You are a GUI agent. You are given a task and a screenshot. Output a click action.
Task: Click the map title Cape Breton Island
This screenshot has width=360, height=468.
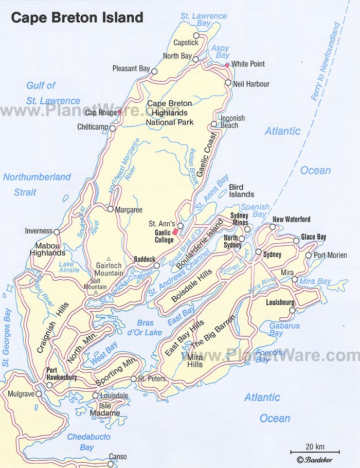point(77,17)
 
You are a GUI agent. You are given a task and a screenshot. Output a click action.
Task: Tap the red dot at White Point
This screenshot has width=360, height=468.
point(227,65)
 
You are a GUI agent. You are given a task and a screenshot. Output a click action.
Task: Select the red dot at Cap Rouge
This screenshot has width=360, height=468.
point(119,112)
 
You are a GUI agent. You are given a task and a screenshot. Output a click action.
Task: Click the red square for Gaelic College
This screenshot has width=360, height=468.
point(175,232)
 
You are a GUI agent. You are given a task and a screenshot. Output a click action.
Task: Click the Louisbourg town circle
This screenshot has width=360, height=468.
point(292,310)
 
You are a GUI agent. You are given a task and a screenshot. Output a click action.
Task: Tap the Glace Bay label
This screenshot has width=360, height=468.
point(314,237)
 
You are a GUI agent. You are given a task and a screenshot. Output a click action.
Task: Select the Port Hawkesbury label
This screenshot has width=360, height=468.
point(61,374)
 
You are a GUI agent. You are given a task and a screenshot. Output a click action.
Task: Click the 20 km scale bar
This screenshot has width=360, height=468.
point(307,451)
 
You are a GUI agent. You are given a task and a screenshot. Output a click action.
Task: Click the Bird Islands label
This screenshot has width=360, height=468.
point(242,191)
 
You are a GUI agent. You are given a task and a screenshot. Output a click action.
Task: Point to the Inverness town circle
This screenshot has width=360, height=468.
point(57,231)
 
